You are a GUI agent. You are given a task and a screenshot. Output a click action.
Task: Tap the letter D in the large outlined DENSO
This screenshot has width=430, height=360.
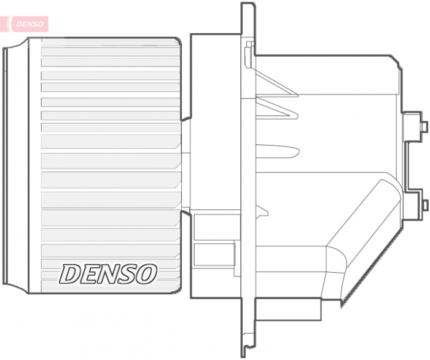click(x=69, y=275)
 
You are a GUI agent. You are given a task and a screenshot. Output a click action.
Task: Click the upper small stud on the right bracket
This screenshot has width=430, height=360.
click(x=424, y=126)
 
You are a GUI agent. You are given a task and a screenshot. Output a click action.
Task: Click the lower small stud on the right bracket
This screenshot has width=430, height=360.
click(x=424, y=204)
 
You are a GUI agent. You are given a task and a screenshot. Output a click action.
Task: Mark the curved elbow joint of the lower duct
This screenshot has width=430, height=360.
click(x=335, y=258)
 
